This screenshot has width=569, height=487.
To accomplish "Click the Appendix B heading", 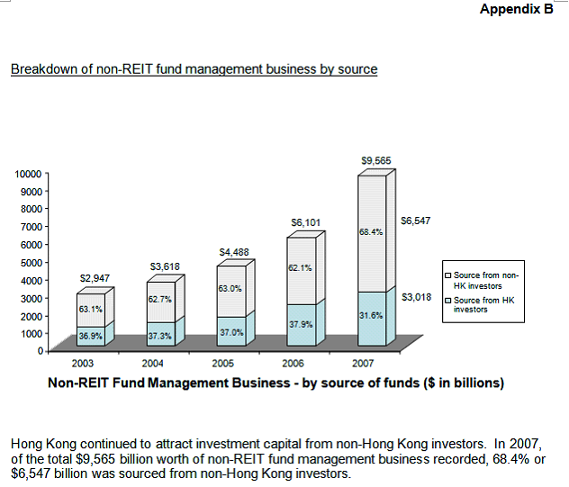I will click(516, 10).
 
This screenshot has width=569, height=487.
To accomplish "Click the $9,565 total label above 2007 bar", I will click(375, 160).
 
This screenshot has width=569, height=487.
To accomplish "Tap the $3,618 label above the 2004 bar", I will click(165, 266).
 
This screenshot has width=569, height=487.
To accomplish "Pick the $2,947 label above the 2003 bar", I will click(95, 278).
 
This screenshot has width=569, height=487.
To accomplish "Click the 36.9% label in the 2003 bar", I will click(90, 336).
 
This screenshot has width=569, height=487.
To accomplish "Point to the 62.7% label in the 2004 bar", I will click(160, 297).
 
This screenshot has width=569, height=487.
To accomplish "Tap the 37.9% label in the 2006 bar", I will click(301, 323).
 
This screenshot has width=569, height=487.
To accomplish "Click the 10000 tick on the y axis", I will click(27, 173).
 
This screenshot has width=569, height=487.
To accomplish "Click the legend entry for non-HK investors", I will click(485, 279).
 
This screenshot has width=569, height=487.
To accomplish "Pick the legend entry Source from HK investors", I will click(485, 304).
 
